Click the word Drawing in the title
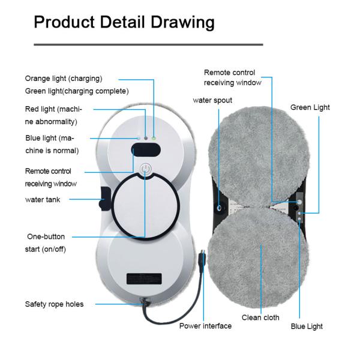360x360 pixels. point(182,23)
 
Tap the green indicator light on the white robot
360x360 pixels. point(154,139)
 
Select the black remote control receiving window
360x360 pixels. point(146,149)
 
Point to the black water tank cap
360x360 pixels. point(105,199)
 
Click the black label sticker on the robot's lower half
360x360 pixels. point(144,278)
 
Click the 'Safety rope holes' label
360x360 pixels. point(54,304)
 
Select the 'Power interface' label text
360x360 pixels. point(205,326)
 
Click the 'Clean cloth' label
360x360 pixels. point(260,317)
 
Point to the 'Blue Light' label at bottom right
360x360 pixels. point(307,326)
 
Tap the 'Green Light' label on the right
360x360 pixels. point(310,107)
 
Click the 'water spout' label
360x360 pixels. point(212,100)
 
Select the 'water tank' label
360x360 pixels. point(43,200)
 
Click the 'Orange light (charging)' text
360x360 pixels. point(64,79)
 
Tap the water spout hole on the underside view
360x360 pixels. point(219,208)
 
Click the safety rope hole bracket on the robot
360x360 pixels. point(145,301)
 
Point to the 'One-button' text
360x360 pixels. point(46,236)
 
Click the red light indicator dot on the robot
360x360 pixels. point(146,138)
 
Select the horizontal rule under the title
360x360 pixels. point(148,44)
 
